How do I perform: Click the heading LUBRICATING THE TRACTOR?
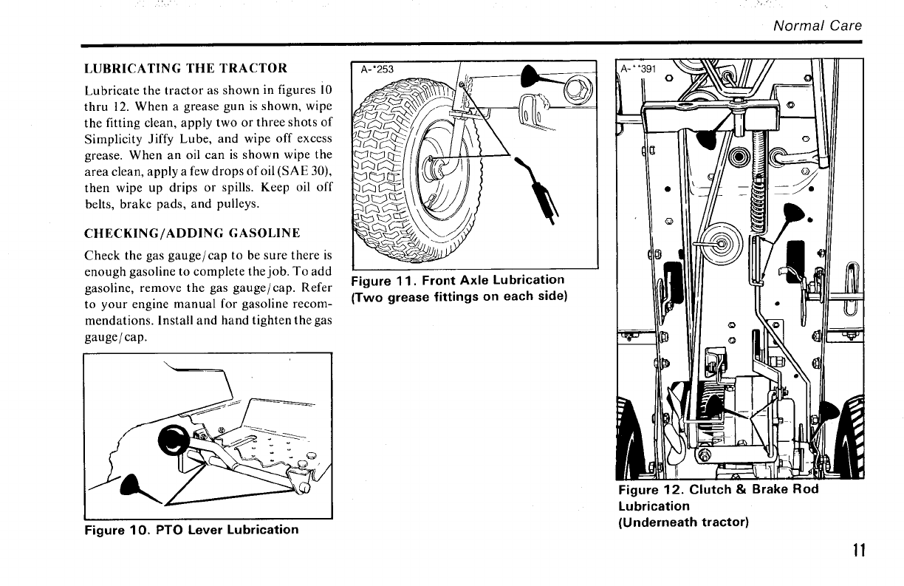tap(186, 69)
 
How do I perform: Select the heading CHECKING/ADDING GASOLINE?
tap(192, 234)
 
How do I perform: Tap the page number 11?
tap(857, 551)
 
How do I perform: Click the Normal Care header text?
tap(818, 26)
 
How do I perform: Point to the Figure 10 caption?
tap(191, 530)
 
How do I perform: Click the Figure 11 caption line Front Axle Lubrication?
tap(458, 280)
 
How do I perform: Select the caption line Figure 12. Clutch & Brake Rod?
tap(718, 490)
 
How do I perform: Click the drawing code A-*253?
tap(377, 70)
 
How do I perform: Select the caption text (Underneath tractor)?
tap(682, 522)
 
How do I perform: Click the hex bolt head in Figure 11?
tap(573, 90)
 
